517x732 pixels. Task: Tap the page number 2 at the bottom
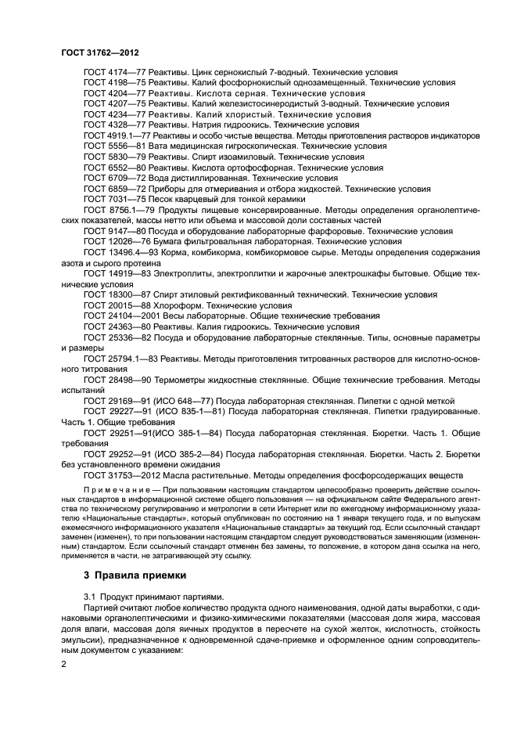pyautogui.click(x=64, y=664)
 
